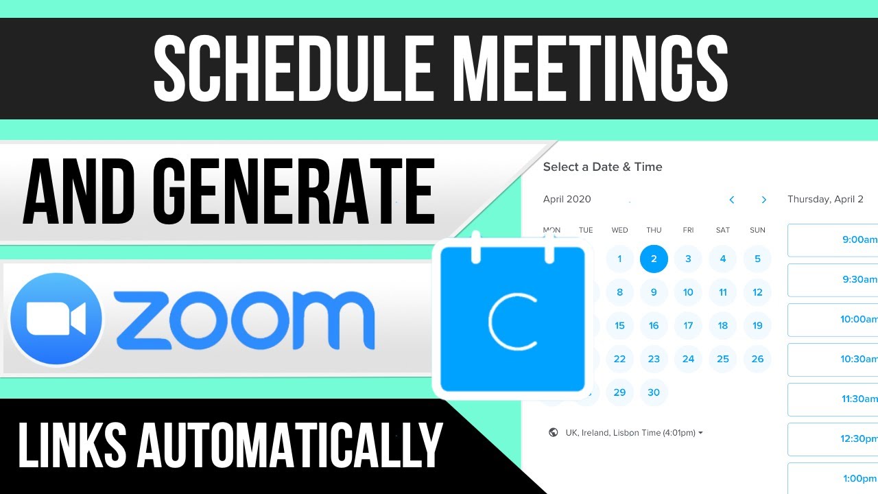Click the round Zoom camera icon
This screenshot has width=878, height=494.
tap(56, 319)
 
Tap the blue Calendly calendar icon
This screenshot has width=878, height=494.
tap(512, 319)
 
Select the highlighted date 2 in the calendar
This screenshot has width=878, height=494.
tap(654, 259)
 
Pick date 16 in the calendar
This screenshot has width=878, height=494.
tap(654, 326)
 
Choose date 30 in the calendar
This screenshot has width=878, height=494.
tap(654, 392)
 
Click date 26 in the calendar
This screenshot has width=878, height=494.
tap(757, 359)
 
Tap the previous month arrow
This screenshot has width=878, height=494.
tap(732, 200)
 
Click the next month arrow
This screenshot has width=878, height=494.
tap(763, 200)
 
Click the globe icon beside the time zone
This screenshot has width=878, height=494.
tap(554, 433)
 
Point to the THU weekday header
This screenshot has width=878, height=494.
tap(654, 231)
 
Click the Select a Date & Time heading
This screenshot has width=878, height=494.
tap(602, 167)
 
